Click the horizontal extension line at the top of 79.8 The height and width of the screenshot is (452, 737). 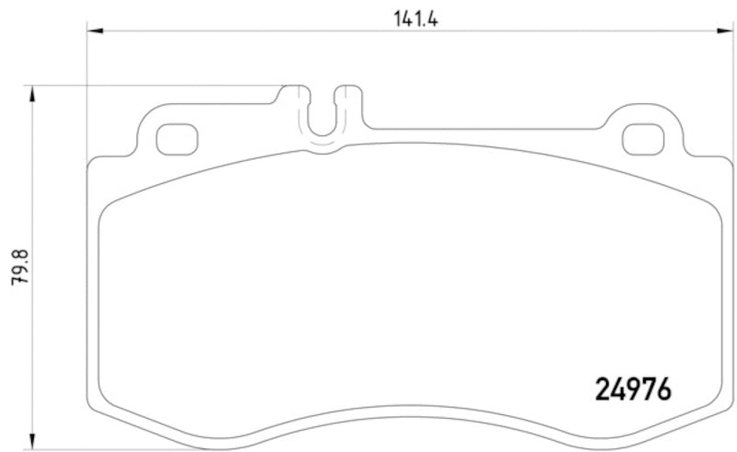point(157,87)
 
